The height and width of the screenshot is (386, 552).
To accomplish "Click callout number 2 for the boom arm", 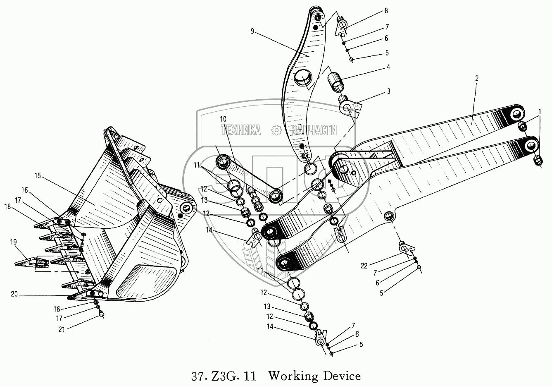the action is coord(476,77).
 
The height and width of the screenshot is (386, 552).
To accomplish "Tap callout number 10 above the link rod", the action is coord(223,119).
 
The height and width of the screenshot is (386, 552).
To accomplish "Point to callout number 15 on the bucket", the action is coord(38,176).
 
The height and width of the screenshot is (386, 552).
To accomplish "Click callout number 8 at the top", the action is coord(386,10).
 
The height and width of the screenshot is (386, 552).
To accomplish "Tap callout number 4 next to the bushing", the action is coord(388,67).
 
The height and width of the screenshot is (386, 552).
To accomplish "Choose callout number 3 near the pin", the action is coord(388,91).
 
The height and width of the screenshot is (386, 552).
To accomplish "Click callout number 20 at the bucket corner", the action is coord(14,294).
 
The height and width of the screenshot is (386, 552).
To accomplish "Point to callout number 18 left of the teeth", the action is coord(7,206).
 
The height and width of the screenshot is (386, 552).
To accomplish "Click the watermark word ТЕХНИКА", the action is coord(241,130).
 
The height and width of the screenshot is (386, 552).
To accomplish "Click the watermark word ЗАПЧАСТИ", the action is coord(314,130).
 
